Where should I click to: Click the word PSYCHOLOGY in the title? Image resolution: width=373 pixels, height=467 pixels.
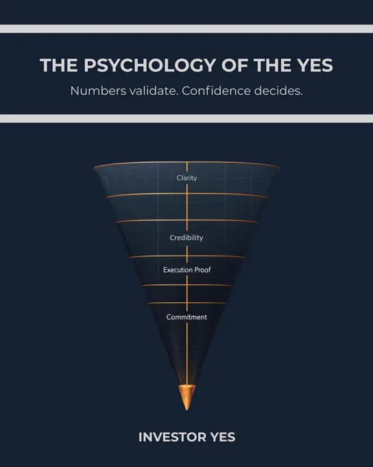pyautogui.click(x=150, y=65)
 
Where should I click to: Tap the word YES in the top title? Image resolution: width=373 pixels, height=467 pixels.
pyautogui.click(x=315, y=65)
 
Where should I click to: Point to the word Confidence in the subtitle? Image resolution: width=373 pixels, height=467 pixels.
pyautogui.click(x=216, y=91)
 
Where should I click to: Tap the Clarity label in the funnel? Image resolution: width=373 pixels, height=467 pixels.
pyautogui.click(x=186, y=178)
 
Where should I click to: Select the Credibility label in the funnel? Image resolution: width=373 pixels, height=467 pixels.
pyautogui.click(x=186, y=238)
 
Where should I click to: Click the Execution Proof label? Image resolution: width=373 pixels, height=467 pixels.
pyautogui.click(x=186, y=270)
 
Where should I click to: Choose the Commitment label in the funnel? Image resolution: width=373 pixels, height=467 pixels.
pyautogui.click(x=186, y=317)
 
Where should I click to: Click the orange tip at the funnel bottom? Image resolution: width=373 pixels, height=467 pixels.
pyautogui.click(x=186, y=397)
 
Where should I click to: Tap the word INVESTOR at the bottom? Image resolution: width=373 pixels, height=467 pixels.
pyautogui.click(x=172, y=437)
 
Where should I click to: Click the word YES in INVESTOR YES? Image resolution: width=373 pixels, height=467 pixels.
pyautogui.click(x=223, y=437)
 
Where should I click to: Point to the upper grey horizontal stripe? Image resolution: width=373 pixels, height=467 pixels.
pyautogui.click(x=186, y=29)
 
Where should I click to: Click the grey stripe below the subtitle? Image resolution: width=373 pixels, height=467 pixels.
pyautogui.click(x=186, y=119)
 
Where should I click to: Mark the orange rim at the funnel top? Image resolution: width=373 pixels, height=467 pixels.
pyautogui.click(x=186, y=163)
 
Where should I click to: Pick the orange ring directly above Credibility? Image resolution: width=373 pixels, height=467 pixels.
pyautogui.click(x=186, y=220)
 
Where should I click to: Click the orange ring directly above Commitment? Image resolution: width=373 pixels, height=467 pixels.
pyautogui.click(x=186, y=303)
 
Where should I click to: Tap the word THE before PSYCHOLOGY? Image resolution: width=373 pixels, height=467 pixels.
pyautogui.click(x=59, y=65)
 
